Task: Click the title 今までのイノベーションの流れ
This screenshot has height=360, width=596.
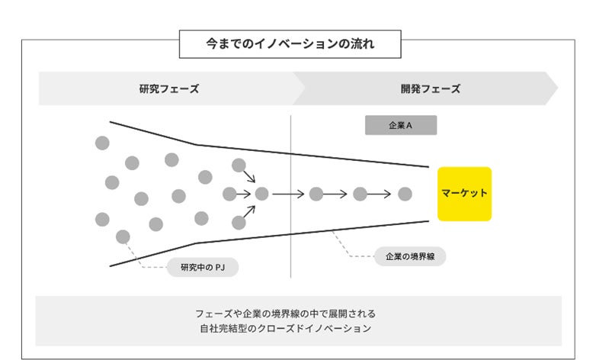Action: click(290, 44)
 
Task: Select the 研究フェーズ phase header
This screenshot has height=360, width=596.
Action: click(168, 88)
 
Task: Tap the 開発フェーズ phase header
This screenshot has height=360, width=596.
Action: click(431, 88)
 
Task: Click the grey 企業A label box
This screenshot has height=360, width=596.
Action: click(401, 125)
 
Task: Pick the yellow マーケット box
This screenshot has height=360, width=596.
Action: click(464, 194)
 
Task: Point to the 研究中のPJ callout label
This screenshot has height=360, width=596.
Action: click(202, 267)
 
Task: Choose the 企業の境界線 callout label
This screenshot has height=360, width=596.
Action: click(410, 256)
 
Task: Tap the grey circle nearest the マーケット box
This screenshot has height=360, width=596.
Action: click(405, 194)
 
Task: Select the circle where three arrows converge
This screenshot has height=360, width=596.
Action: click(261, 194)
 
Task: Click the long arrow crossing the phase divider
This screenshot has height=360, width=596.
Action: click(288, 194)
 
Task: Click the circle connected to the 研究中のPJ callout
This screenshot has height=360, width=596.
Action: click(123, 236)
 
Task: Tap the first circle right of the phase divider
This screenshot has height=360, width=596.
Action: click(316, 194)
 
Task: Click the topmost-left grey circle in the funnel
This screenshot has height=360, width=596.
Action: click(102, 143)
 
